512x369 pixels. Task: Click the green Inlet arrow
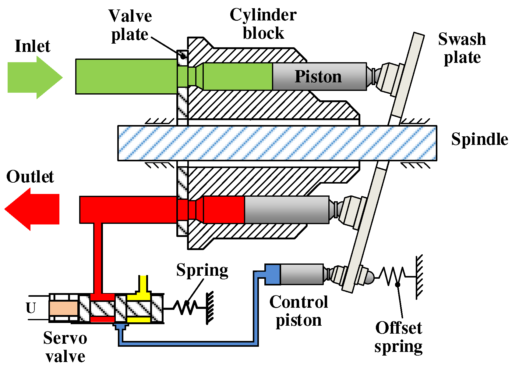34,77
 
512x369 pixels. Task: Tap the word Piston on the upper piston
318,76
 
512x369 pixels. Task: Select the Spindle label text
479,139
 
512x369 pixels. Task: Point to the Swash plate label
462,48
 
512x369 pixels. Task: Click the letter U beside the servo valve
31,308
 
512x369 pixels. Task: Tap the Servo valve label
65,347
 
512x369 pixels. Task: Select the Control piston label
299,311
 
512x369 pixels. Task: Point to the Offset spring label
398,337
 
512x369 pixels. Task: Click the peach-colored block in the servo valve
63,308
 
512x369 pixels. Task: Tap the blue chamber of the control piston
273,274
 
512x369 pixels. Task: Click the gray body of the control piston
302,274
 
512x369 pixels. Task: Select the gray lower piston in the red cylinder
286,210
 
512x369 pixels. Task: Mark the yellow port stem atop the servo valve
143,284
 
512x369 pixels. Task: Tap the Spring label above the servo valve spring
202,270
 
